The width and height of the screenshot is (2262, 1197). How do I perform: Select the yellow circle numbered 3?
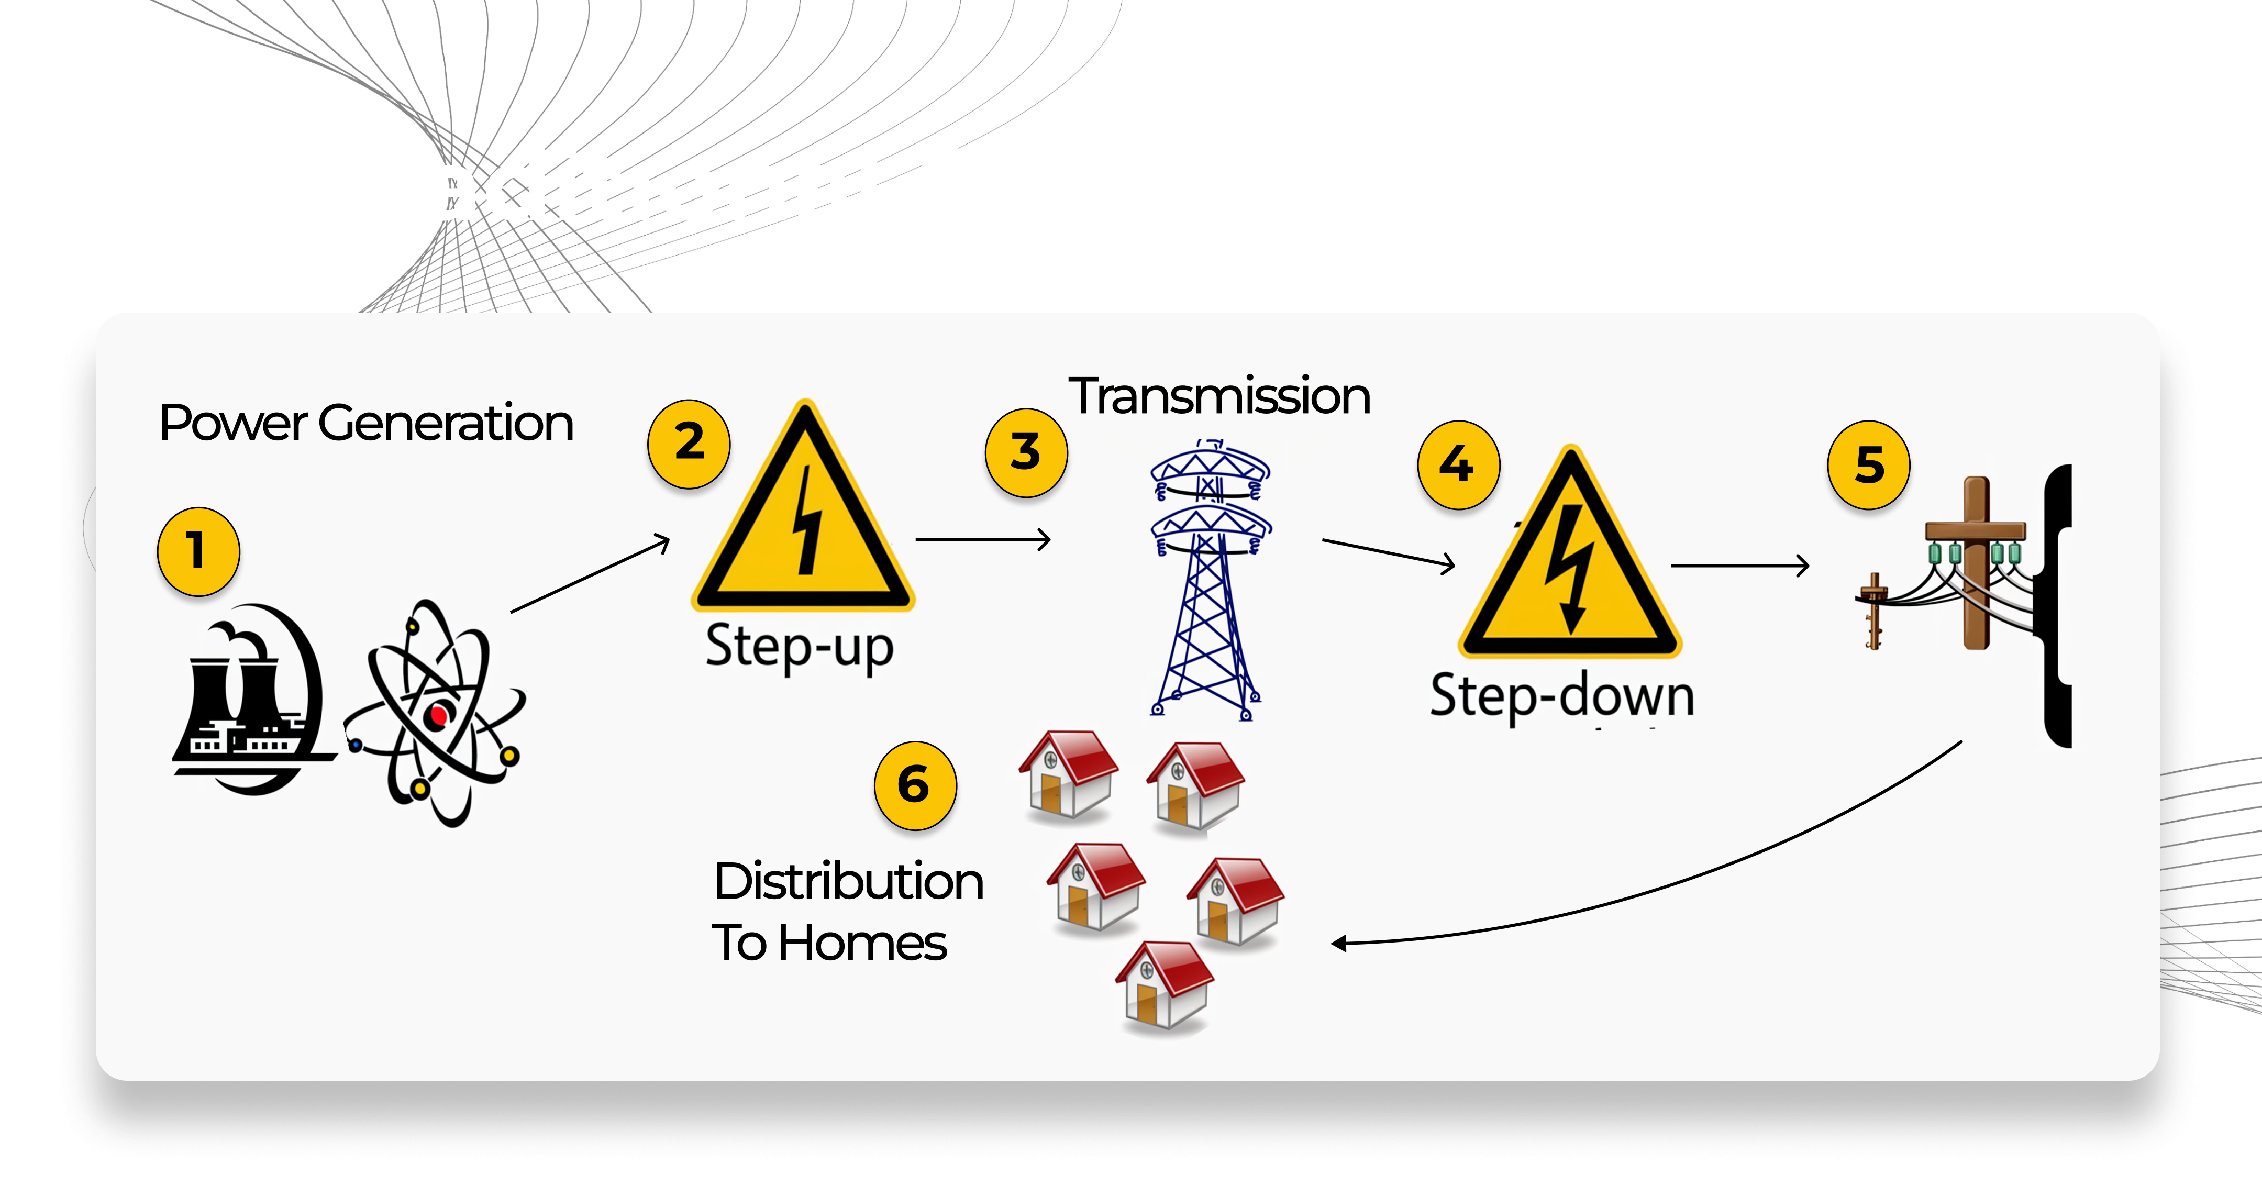1026,452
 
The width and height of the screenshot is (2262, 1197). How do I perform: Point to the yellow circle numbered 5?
1869,464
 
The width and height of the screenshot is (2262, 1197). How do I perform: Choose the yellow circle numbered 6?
914,785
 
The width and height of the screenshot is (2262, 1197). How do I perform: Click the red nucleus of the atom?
436,716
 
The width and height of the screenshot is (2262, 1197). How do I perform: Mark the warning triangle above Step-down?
1570,567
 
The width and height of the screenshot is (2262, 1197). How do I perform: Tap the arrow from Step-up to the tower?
983,539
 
